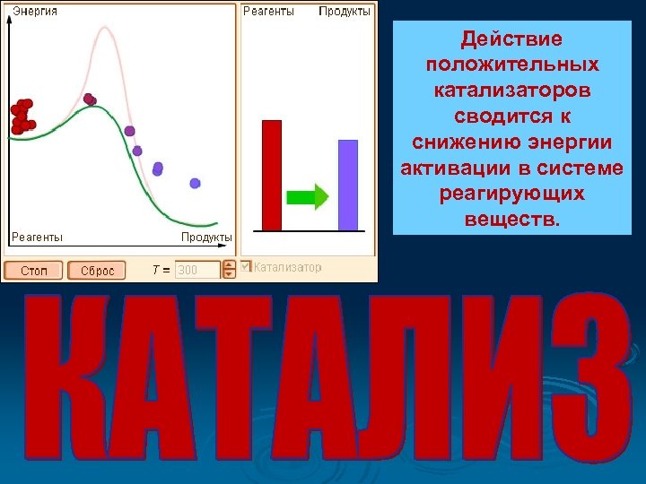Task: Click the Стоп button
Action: pos(33,270)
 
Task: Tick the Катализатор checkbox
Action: pos(246,267)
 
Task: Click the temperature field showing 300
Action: pos(197,270)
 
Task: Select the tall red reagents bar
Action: pos(271,175)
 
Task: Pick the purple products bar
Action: pos(347,185)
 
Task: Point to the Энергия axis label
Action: pos(34,11)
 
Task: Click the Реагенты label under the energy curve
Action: pos(37,238)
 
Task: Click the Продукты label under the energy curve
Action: pos(206,238)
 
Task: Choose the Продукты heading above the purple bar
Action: pos(345,11)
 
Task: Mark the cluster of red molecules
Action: pos(22,117)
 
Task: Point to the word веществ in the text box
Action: pos(511,219)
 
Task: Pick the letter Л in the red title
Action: pos(364,381)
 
